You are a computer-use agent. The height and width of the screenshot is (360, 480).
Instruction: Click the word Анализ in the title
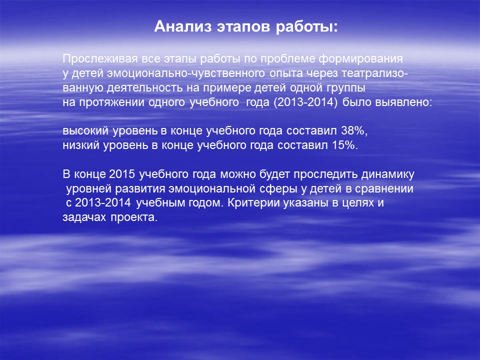click(x=183, y=26)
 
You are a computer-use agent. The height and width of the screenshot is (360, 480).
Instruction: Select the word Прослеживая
click(x=100, y=59)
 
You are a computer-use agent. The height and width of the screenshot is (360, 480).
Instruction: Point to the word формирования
click(x=360, y=59)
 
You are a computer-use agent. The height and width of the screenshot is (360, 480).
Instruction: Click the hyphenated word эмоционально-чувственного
click(x=186, y=73)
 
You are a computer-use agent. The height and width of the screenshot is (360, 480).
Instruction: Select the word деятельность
click(x=145, y=88)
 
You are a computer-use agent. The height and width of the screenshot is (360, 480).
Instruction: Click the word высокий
click(x=85, y=130)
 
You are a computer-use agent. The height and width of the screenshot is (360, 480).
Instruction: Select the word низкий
click(x=81, y=145)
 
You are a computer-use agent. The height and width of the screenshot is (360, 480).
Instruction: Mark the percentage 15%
click(x=345, y=145)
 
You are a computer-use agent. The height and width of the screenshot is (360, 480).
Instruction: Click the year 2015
click(x=122, y=174)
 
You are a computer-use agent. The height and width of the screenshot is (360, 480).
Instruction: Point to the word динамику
click(x=388, y=174)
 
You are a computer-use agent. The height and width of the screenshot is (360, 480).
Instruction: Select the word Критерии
click(x=254, y=202)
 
